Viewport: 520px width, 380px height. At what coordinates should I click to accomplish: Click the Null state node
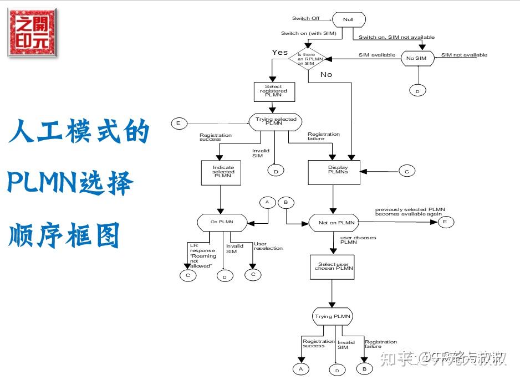(348, 19)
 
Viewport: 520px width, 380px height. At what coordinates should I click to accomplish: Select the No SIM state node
(418, 58)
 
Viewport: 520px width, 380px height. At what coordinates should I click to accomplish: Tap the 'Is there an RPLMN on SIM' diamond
(308, 58)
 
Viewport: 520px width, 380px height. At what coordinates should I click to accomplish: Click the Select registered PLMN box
(273, 91)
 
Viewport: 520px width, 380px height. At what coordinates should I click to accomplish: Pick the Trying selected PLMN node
(276, 122)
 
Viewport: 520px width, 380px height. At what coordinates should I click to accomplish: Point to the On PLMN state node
(222, 222)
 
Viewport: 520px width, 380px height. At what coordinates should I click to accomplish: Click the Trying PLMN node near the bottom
(332, 317)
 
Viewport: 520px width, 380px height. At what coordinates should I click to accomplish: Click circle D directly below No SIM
(417, 90)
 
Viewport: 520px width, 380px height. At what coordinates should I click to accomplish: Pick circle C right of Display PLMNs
(406, 172)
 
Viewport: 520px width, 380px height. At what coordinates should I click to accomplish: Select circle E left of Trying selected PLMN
(179, 123)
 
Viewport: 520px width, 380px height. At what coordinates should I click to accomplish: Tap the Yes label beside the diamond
(280, 52)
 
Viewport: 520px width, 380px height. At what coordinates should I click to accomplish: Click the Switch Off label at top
(305, 18)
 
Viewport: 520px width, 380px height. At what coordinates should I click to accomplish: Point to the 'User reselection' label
(268, 247)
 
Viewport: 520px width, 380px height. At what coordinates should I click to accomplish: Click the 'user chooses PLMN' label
(358, 240)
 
